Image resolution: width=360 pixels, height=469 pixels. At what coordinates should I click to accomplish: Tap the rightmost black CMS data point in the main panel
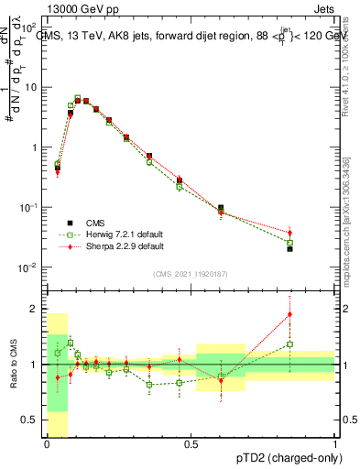(289, 248)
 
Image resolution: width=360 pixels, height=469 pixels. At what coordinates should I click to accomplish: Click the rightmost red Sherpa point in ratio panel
(289, 314)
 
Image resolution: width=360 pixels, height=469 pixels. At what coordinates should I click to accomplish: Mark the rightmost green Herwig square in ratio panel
(289, 344)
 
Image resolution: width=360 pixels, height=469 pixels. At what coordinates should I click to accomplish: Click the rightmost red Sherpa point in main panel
(289, 234)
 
